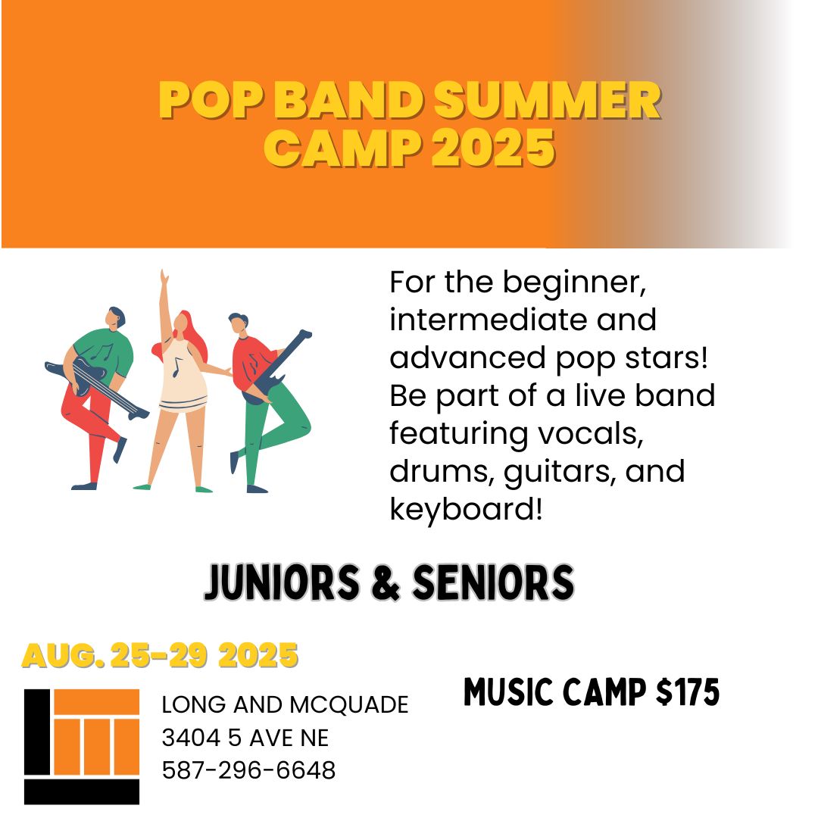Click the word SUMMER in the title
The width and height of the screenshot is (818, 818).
point(548,100)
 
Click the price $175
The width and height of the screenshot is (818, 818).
point(688,692)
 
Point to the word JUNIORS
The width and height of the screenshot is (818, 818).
point(283,582)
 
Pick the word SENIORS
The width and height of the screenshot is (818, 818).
point(493,582)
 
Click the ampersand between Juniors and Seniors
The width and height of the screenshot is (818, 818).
point(386,582)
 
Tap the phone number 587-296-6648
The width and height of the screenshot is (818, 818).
point(249,770)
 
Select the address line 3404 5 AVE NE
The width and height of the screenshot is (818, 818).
point(245,738)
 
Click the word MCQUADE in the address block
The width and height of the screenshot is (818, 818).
point(349,705)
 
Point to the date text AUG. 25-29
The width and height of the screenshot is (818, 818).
point(114,655)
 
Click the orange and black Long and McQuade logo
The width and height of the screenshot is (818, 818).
point(82,747)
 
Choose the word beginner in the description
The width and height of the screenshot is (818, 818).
point(574,283)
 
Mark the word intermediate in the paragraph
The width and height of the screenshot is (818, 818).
point(489,320)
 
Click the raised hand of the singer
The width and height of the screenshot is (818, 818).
point(164,276)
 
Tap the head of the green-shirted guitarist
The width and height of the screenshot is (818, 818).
point(114,317)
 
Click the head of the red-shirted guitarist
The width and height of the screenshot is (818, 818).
point(239,323)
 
